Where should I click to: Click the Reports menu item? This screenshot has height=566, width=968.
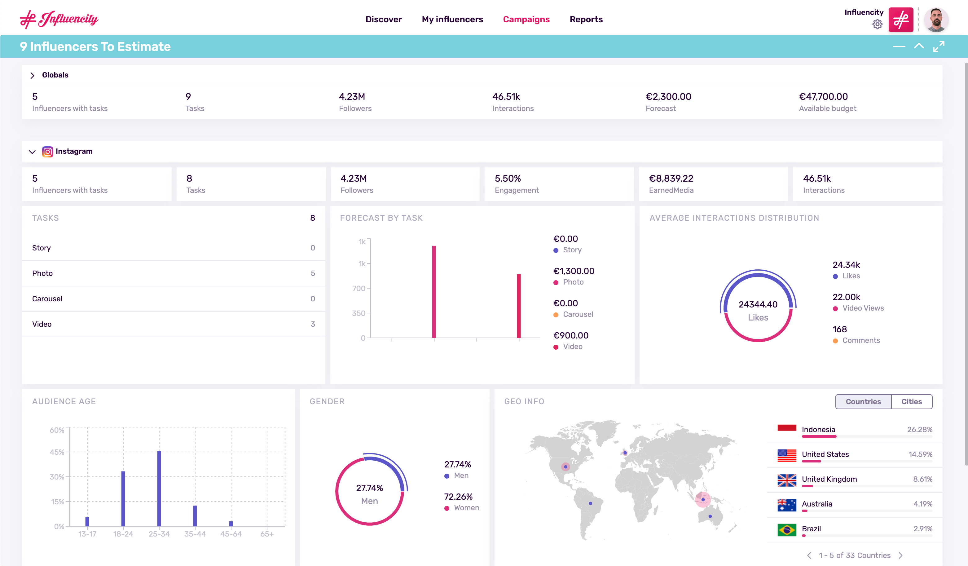tap(586, 19)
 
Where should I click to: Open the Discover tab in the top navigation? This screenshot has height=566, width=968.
tap(383, 19)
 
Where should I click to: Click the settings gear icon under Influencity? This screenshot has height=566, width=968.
tap(877, 24)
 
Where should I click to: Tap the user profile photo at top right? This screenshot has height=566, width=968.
tap(936, 20)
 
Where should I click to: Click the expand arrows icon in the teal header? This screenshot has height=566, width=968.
tap(939, 46)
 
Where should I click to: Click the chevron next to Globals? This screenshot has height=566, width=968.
tap(33, 75)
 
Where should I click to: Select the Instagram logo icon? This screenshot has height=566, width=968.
tap(47, 152)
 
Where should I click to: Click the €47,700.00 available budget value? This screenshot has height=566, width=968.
tap(823, 96)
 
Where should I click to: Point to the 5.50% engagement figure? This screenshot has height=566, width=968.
tap(508, 178)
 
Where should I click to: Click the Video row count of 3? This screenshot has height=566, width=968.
tap(313, 324)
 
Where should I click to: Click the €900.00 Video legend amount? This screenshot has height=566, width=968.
tap(570, 335)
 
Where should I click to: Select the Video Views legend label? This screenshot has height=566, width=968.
tap(863, 308)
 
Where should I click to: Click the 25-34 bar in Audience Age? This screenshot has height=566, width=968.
tap(159, 488)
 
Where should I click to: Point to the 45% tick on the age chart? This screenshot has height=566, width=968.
tap(57, 452)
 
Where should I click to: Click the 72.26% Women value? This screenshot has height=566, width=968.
tap(458, 497)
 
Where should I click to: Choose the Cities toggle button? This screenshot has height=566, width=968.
tap(911, 401)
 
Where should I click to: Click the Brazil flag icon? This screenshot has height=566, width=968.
tap(786, 530)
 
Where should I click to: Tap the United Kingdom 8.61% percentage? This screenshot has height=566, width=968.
tap(922, 479)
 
